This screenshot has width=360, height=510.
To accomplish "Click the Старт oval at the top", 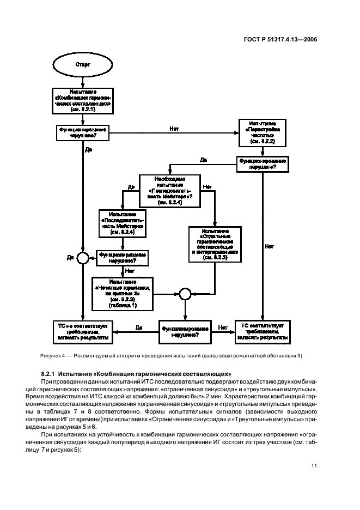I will click(x=83, y=64).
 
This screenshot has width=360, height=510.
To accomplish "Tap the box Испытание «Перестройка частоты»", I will click(x=263, y=132).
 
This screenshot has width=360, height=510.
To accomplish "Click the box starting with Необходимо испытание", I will click(x=169, y=191).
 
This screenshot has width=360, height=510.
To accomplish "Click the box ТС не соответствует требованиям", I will click(x=83, y=331).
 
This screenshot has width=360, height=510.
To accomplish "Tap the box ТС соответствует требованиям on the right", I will click(x=263, y=331).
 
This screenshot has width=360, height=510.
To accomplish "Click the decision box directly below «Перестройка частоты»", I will click(x=263, y=165).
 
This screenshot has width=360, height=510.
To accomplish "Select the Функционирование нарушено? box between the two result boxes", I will click(x=184, y=331).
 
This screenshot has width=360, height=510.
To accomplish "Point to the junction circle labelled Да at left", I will click(x=83, y=257).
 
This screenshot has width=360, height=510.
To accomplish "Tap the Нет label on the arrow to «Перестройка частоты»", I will click(x=174, y=129).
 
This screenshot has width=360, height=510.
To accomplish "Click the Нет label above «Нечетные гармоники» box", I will click(x=129, y=270).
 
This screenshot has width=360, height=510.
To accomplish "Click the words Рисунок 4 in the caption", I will click(x=54, y=356).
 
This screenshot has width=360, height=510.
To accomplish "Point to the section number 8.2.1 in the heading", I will click(x=51, y=374).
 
